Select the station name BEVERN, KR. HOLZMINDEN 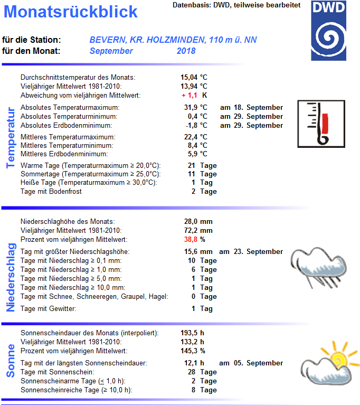click(148, 40)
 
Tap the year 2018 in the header click(186, 51)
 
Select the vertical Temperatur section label click(10, 138)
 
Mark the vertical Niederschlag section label click(10, 277)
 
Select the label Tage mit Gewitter click(48, 309)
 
